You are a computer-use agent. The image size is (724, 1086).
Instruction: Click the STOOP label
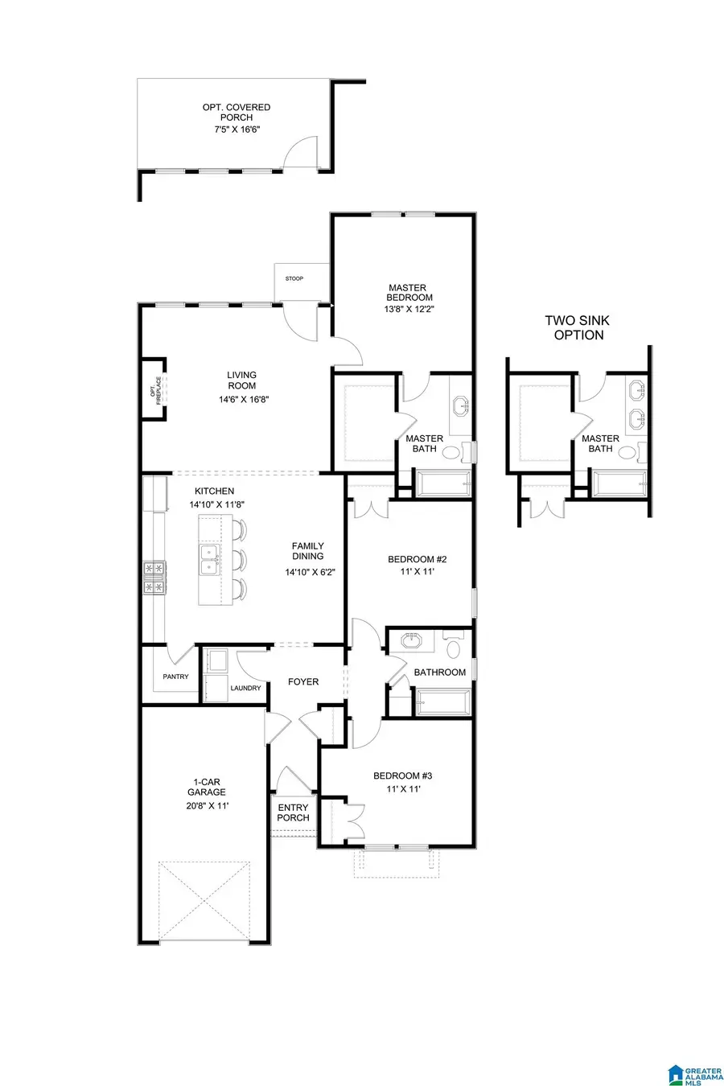tap(294, 279)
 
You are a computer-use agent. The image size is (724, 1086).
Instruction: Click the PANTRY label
tap(175, 677)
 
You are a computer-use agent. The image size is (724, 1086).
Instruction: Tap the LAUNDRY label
tap(245, 688)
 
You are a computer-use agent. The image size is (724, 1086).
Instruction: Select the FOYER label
tap(303, 681)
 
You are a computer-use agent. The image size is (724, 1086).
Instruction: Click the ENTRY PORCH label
tap(293, 812)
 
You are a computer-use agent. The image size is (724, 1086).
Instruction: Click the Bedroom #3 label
tap(402, 775)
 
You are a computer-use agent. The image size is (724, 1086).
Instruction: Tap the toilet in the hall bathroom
tap(454, 648)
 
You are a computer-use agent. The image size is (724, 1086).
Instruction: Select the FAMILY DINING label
tap(307, 551)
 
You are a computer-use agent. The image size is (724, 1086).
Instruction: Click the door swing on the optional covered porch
tap(302, 153)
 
